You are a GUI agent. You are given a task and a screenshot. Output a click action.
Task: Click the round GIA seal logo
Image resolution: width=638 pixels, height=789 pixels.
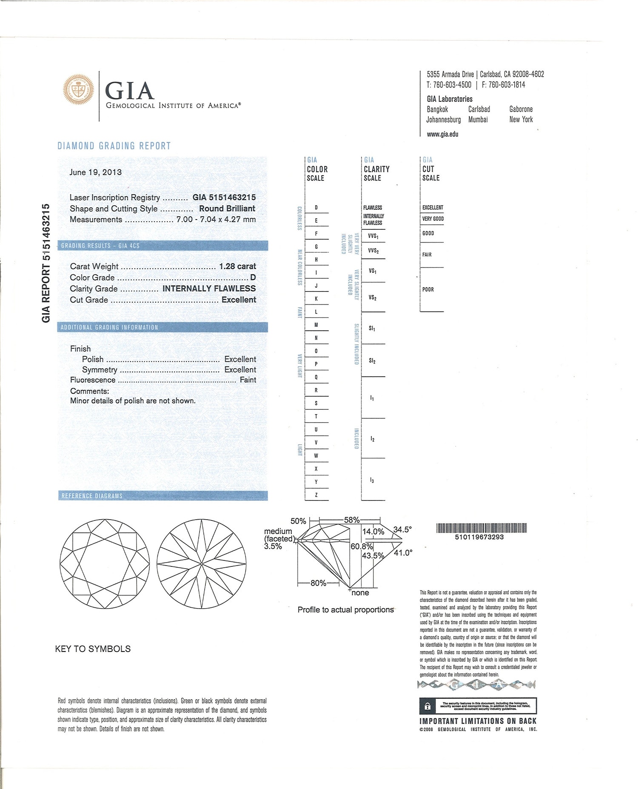point(79,90)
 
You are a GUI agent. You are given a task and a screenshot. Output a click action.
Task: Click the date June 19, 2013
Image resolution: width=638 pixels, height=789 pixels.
point(95,172)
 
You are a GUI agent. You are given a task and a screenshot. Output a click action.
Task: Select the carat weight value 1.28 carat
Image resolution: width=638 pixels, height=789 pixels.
point(237,266)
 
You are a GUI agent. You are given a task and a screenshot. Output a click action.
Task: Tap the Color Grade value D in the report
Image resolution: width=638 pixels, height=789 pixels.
point(253,277)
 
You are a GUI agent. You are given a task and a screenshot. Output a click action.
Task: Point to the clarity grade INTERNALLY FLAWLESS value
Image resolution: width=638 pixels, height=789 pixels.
point(209,289)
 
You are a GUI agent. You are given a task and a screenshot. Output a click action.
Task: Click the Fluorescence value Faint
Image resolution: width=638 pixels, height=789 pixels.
point(248,380)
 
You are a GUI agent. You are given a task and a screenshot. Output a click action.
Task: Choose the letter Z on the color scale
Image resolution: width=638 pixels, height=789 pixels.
point(316,495)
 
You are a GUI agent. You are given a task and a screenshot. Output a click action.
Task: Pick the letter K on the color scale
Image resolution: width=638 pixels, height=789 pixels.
point(316,299)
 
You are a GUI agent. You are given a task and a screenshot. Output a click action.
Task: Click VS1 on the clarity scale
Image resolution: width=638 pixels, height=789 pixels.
point(372,271)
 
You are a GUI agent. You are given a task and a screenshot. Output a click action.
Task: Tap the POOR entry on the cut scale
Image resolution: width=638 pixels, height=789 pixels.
point(428,289)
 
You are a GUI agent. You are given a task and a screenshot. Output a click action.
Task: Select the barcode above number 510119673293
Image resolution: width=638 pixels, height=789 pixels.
point(481,528)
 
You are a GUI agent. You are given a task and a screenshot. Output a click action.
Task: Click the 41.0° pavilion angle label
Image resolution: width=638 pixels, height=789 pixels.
point(403,553)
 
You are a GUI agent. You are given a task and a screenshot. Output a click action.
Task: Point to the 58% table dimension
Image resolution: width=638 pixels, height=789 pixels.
point(352,520)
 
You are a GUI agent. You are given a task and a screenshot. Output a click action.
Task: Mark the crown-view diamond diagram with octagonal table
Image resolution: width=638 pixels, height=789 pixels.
point(105,564)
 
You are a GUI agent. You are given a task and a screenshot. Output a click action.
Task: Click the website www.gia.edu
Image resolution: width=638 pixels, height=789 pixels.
point(442,134)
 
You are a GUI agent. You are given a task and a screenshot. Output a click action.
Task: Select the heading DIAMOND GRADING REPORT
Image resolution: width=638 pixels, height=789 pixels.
point(114,146)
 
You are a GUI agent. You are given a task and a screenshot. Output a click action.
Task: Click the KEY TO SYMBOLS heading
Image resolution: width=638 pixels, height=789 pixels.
point(93,649)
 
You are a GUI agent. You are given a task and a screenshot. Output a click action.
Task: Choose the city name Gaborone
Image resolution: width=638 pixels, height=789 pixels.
point(521,109)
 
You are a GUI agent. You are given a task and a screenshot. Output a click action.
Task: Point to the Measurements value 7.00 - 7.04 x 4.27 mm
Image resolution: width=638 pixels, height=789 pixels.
point(216,220)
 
